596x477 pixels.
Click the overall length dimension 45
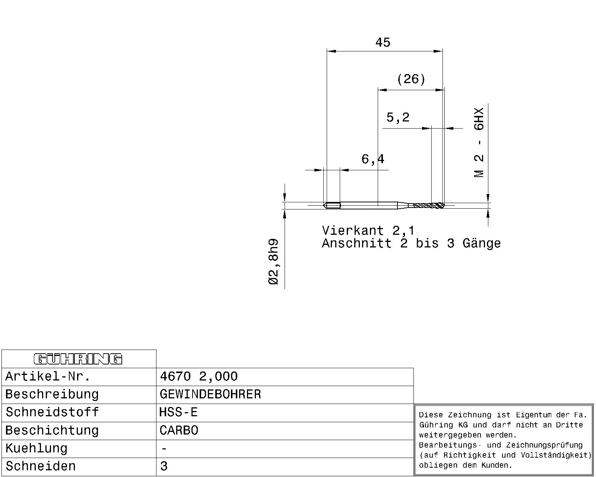[383, 42]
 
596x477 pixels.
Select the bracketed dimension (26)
[411, 79]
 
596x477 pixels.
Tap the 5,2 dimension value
[398, 117]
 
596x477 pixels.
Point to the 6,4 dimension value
[373, 159]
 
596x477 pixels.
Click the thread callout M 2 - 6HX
[479, 142]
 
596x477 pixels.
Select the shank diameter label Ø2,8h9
[273, 261]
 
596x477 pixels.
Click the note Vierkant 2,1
[368, 231]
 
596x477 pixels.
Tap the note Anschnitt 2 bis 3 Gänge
[411, 243]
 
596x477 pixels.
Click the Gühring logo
[78, 359]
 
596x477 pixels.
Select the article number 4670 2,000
[199, 376]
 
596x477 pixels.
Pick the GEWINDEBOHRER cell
[210, 394]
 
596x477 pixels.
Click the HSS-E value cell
[178, 412]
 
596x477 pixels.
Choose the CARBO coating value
[179, 430]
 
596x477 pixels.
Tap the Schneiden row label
[41, 466]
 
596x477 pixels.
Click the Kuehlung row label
[36, 448]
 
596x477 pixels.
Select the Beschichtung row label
[52, 430]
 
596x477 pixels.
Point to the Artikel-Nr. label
[48, 376]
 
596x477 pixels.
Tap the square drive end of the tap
[332, 206]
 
